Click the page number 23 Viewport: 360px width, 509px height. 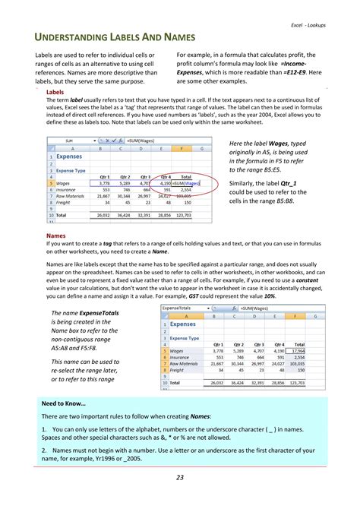tap(180, 477)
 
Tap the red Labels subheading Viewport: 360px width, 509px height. tap(55, 92)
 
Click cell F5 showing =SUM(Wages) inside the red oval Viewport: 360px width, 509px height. tap(186, 183)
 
